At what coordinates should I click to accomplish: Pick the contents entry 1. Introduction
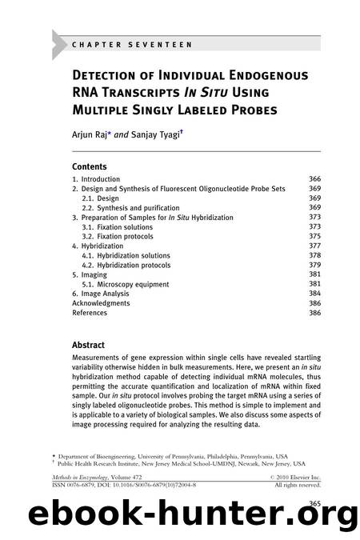[x=96, y=179]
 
